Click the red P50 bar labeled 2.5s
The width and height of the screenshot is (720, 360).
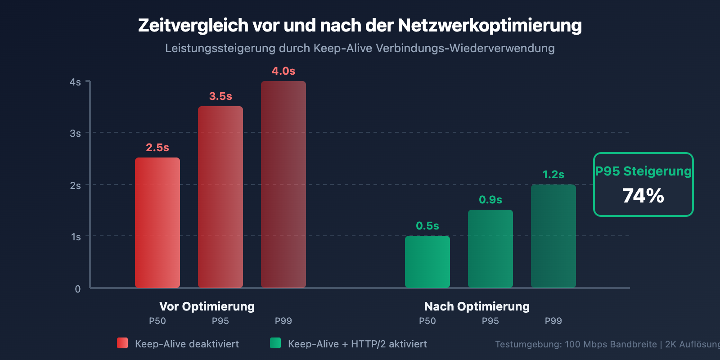(x=157, y=223)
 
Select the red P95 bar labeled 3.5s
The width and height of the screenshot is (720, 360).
(x=220, y=197)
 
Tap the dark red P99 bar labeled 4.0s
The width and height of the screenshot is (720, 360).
(x=283, y=184)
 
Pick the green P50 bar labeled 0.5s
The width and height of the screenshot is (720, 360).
(x=427, y=261)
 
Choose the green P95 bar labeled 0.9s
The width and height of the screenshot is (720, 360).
(x=490, y=248)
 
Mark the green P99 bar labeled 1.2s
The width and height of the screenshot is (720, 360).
(x=553, y=236)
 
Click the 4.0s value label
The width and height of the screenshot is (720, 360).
(x=283, y=71)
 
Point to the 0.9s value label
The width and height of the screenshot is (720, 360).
(x=490, y=200)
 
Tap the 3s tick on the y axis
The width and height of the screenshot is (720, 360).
(x=75, y=133)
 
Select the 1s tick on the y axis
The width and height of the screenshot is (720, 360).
(x=76, y=237)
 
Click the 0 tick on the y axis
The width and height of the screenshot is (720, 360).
(x=77, y=289)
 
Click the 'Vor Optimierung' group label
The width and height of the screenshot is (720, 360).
(x=207, y=306)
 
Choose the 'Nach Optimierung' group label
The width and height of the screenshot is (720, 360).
(x=477, y=306)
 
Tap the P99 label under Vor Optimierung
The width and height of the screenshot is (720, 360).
(x=283, y=321)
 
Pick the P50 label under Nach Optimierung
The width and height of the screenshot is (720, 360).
(x=427, y=321)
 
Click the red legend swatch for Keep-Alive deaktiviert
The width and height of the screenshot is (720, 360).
(x=122, y=343)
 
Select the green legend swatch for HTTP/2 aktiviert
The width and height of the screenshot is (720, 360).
(x=275, y=343)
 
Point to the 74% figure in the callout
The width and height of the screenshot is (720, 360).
(x=643, y=196)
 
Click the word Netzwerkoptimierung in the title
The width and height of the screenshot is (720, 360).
(x=490, y=26)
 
